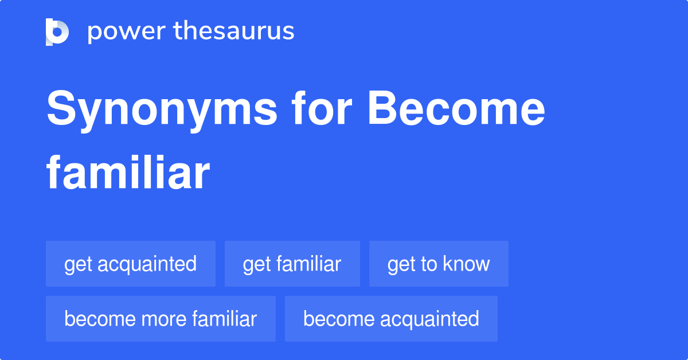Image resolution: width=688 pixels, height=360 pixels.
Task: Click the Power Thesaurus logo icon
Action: coord(57,32)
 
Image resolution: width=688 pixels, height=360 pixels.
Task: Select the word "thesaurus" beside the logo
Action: coord(234,32)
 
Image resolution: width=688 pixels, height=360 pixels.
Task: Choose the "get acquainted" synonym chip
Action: coord(131,264)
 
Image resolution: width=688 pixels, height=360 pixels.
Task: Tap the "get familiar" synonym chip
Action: coord(292,264)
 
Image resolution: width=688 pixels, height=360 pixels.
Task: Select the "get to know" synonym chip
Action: coord(439,264)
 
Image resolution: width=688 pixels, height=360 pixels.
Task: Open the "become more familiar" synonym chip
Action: coord(161,319)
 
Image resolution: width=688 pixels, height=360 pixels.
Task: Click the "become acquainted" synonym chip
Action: coord(391,319)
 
